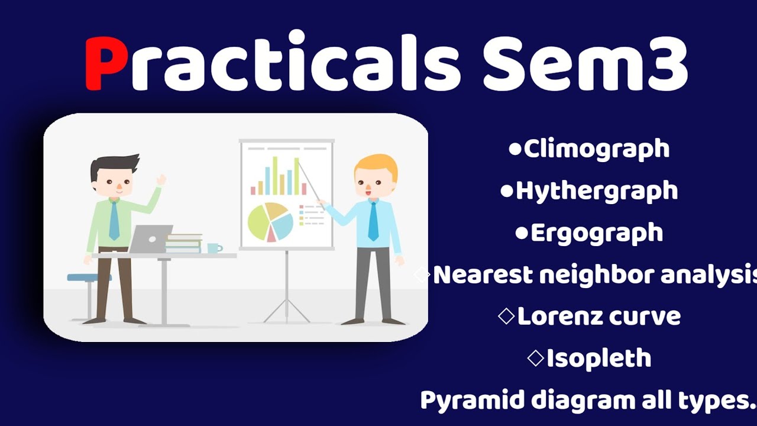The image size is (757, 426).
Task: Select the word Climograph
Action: click(596, 149)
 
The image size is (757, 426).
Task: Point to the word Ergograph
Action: click(596, 233)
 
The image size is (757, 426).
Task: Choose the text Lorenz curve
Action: click(599, 317)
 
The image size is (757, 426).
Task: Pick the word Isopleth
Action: click(599, 359)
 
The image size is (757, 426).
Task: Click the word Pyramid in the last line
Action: click(471, 400)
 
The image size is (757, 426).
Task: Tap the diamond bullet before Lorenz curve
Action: click(506, 317)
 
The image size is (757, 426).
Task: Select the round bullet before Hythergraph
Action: click(507, 191)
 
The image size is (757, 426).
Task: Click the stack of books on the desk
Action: click(184, 243)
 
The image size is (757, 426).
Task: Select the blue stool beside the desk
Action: click(88, 278)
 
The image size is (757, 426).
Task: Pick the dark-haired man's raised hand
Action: click(160, 180)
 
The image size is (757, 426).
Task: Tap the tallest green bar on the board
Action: click(274, 175)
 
